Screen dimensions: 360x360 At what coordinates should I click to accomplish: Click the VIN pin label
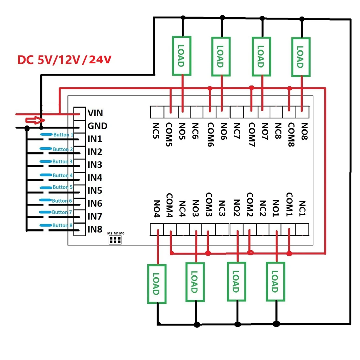95,113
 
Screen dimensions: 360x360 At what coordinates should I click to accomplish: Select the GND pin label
97,126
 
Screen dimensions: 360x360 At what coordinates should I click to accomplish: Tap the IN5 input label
95,191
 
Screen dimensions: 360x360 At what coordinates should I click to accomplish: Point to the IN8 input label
95,229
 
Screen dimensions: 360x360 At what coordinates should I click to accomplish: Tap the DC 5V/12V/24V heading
64,60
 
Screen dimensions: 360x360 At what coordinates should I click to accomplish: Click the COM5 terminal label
170,135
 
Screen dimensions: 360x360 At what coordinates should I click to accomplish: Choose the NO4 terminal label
156,208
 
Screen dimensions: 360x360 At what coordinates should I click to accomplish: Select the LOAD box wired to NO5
181,56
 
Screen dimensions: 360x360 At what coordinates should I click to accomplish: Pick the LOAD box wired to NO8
300,56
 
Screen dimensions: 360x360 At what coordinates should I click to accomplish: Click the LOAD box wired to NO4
157,284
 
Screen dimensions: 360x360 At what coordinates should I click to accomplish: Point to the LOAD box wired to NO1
275,282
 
